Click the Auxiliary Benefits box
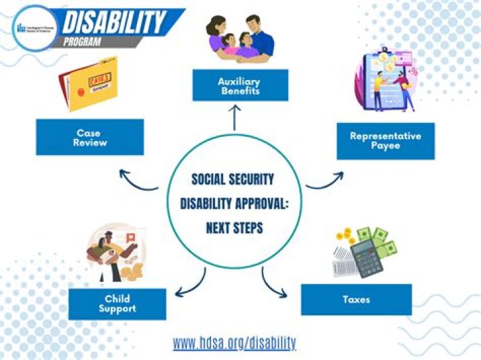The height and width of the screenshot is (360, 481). point(240,86)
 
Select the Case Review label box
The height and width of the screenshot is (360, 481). point(90,138)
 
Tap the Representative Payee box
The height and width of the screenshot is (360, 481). point(385,140)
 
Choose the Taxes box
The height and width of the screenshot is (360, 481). point(356,299)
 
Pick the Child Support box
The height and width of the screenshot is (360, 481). point(118,303)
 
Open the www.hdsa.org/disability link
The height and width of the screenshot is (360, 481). point(234,343)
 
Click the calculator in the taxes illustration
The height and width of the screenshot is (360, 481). point(367,258)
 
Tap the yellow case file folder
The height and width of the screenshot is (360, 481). point(91,83)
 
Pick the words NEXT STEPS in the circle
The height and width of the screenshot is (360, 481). point(234,228)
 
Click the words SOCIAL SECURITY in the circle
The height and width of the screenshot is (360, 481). point(233,180)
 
